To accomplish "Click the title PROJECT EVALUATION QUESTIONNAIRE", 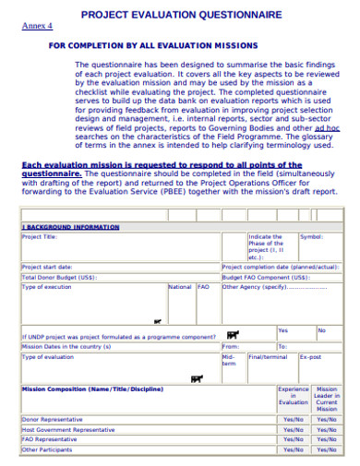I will click(181, 15).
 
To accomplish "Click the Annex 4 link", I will click(37, 26).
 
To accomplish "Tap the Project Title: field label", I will click(42, 236).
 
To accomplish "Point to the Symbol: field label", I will click(311, 236).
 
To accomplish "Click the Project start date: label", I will click(46, 267).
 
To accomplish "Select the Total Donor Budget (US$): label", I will click(58, 277).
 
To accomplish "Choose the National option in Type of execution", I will click(180, 287).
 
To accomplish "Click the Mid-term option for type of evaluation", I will click(229, 360).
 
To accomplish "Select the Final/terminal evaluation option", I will click(268, 356).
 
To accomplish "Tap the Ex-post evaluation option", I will click(310, 356).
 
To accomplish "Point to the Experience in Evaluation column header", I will click(294, 396).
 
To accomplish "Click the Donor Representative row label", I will click(52, 419).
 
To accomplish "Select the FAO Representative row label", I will click(50, 439).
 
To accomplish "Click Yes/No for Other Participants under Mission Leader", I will click(327, 449).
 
